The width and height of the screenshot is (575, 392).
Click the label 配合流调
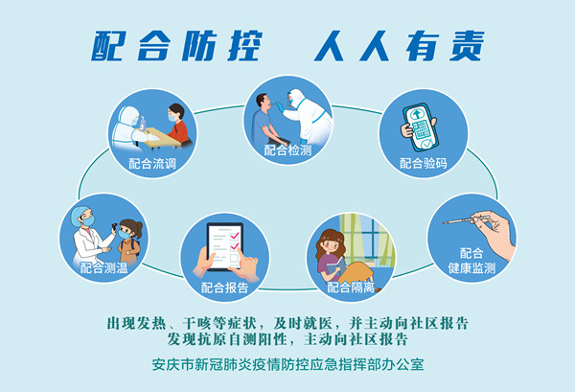coord(152,164)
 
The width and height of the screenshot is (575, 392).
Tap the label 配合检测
coord(287,150)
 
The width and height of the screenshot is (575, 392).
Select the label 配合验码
coord(424,163)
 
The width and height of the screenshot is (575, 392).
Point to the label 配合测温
coord(103,268)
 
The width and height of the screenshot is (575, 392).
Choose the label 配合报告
coord(225,288)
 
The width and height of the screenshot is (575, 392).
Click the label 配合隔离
coord(351,288)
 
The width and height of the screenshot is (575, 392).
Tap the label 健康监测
coord(471,268)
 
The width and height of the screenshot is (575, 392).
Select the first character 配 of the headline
coord(109,46)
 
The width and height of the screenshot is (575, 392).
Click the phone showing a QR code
coord(421,127)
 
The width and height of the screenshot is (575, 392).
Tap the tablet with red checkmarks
coord(225,246)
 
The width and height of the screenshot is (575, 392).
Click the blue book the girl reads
coord(336,267)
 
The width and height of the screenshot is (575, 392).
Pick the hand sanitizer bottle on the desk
coord(143,123)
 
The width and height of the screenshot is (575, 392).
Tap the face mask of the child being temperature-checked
coord(124,234)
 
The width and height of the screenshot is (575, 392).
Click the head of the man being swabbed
coord(264,102)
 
